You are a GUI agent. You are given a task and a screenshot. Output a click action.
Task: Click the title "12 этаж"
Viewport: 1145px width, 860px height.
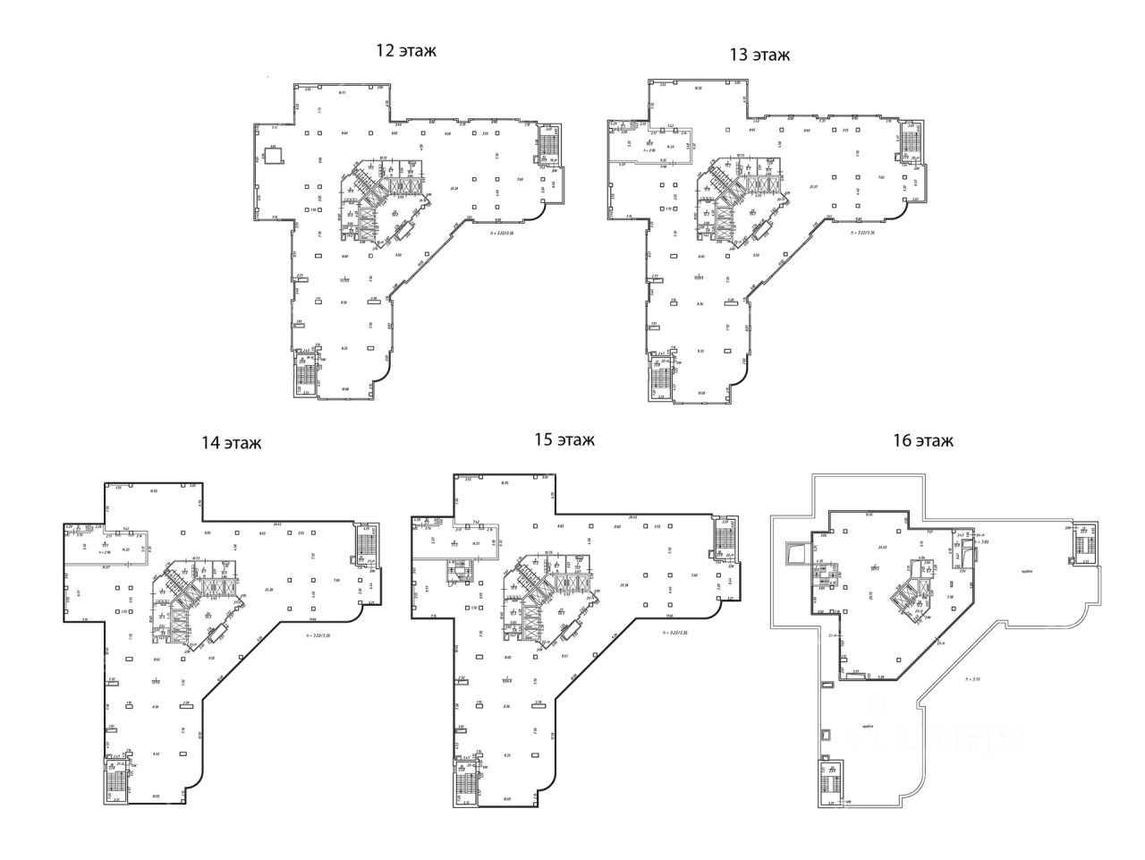[x=406, y=50]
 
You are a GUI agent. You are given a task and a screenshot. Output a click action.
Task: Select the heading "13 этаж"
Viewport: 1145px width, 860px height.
[x=759, y=55]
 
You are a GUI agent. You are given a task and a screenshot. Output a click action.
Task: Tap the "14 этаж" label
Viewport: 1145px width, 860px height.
[x=232, y=442]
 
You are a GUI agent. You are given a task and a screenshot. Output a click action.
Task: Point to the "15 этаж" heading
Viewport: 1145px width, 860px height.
[x=564, y=439]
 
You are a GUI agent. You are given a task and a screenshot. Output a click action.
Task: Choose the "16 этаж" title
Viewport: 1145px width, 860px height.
[x=922, y=440]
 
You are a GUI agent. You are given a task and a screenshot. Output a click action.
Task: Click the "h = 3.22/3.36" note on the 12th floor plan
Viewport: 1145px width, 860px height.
[x=502, y=234]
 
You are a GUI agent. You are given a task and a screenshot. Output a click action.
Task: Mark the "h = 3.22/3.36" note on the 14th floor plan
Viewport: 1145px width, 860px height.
[x=315, y=635]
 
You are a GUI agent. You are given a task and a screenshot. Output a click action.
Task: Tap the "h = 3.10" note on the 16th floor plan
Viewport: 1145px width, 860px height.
[x=974, y=680]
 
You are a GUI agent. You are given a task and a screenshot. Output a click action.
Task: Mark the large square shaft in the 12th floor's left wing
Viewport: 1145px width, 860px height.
[x=275, y=155]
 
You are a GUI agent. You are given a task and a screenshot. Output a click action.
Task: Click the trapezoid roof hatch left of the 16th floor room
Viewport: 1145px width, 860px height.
[x=792, y=556]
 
